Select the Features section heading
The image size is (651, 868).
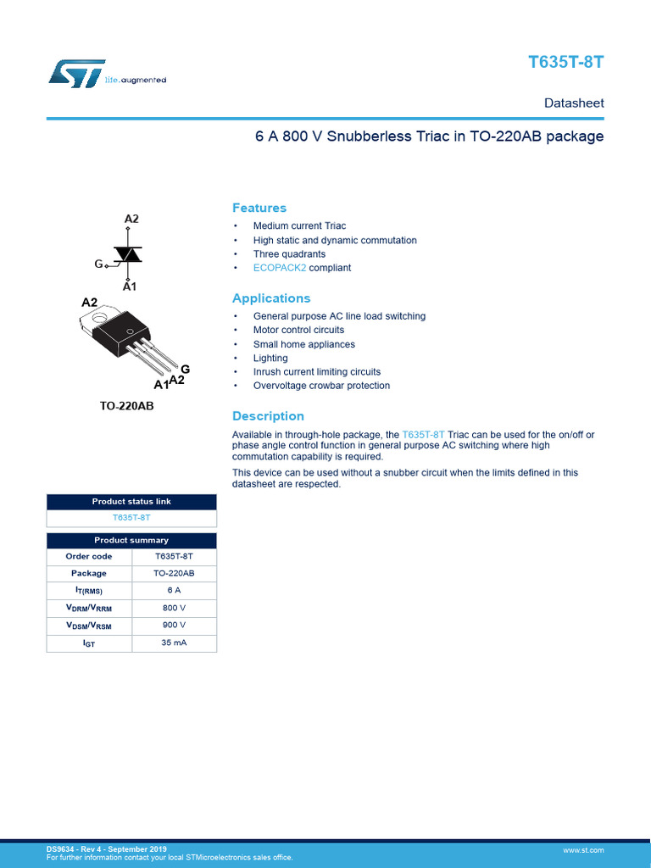coord(259,208)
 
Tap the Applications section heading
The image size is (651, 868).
coord(271,298)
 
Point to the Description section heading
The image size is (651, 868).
coord(268,416)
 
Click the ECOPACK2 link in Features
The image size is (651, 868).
coord(280,268)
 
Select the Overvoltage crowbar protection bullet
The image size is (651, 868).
coord(321,386)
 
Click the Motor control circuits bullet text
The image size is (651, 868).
coord(298,330)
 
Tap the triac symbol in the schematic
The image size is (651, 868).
coord(128,254)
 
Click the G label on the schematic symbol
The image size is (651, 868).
coord(98,264)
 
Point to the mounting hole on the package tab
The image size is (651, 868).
coord(103,320)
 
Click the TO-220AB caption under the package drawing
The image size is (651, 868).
coord(127,406)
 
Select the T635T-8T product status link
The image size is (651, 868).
coord(131,516)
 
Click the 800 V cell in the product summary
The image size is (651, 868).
coord(174,608)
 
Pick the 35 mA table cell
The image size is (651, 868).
coord(174,643)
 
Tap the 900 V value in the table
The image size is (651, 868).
coord(174,626)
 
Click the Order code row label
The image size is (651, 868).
coord(89,557)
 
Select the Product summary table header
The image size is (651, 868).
coord(131,540)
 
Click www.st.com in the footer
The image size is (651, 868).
coord(583,849)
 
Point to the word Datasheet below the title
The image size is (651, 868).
coord(574,103)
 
